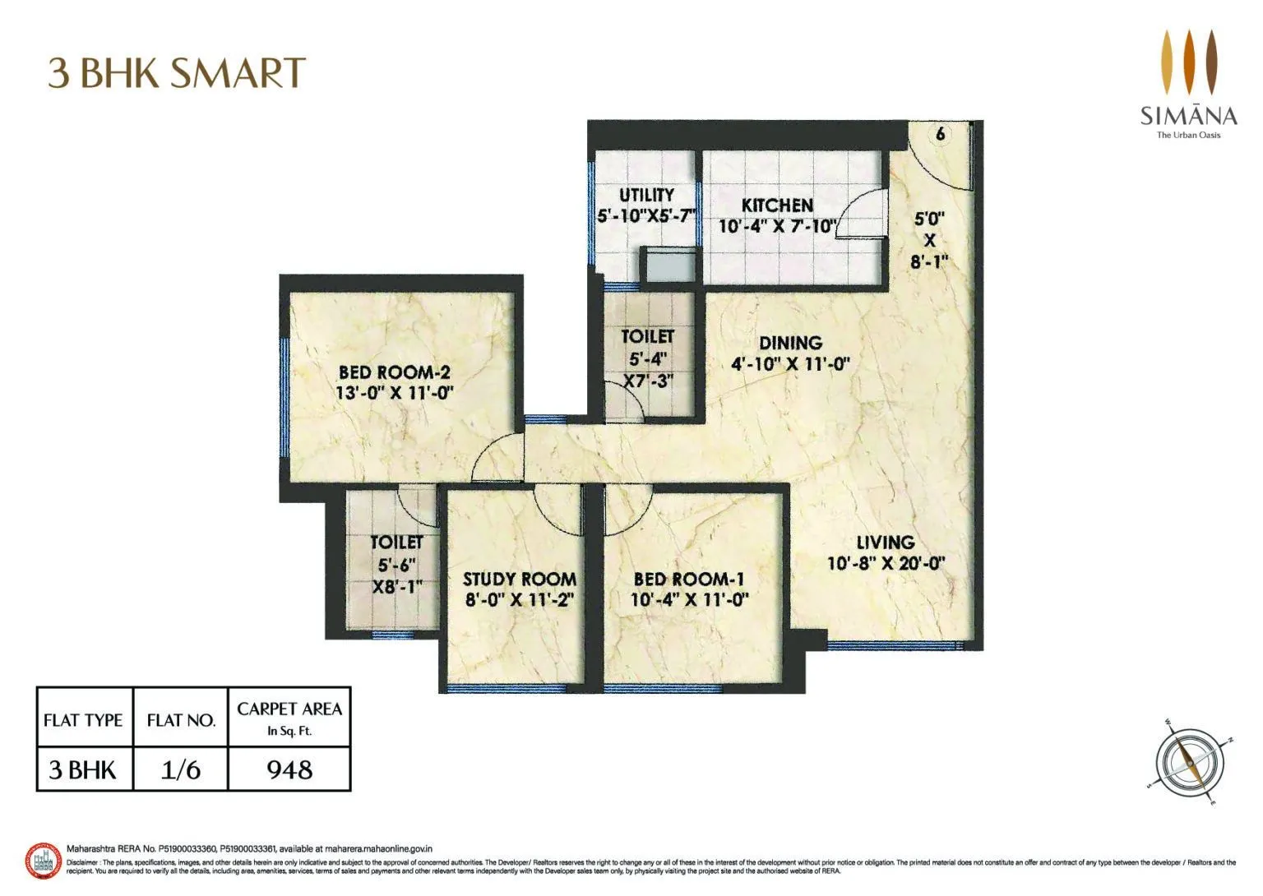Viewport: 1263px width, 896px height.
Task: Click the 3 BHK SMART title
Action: click(x=177, y=72)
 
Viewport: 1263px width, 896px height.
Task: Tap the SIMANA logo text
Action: click(x=1188, y=114)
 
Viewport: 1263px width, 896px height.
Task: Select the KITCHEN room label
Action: click(x=777, y=206)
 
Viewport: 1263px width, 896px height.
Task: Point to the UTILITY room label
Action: click(x=646, y=195)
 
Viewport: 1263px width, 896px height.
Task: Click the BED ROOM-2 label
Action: click(x=395, y=372)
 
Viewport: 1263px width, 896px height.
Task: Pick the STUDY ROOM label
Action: click(x=519, y=579)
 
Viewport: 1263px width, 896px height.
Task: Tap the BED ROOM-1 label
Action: click(x=689, y=579)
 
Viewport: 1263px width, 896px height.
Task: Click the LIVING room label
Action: click(x=886, y=543)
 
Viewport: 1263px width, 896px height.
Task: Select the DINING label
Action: click(x=790, y=343)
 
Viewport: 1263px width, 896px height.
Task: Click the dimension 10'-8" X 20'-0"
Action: click(x=886, y=564)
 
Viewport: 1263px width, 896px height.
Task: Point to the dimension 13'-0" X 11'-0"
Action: click(x=395, y=393)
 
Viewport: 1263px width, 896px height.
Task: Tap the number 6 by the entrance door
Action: click(x=941, y=133)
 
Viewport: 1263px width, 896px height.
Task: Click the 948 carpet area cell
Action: click(x=289, y=769)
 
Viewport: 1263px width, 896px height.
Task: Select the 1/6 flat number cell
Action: click(x=181, y=769)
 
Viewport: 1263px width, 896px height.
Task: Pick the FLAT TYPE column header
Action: click(x=83, y=720)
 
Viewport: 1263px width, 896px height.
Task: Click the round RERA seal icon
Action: click(x=44, y=861)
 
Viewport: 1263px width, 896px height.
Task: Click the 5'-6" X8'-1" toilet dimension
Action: click(x=397, y=575)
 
